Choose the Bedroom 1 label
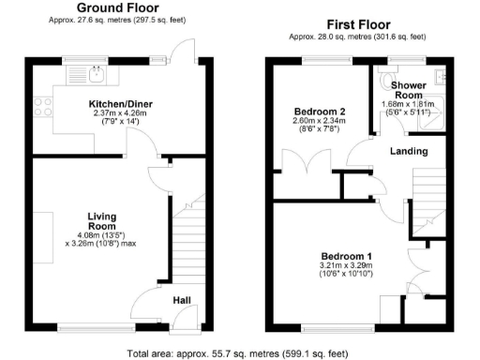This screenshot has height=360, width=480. click(x=347, y=256)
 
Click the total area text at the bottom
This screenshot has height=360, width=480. click(x=239, y=353)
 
